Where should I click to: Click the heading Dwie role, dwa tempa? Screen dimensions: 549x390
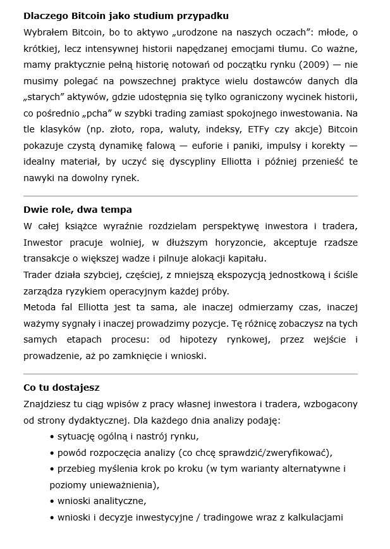point(78,209)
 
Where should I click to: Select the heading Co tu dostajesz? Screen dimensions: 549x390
point(61,387)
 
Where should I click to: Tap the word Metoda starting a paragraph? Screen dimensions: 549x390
point(40,307)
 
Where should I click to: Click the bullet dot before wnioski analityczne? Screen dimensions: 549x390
point(52,502)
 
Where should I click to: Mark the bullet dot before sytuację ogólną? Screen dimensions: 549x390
point(52,436)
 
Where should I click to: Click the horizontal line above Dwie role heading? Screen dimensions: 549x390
point(190,196)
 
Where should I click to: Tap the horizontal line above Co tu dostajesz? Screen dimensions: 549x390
point(190,374)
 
